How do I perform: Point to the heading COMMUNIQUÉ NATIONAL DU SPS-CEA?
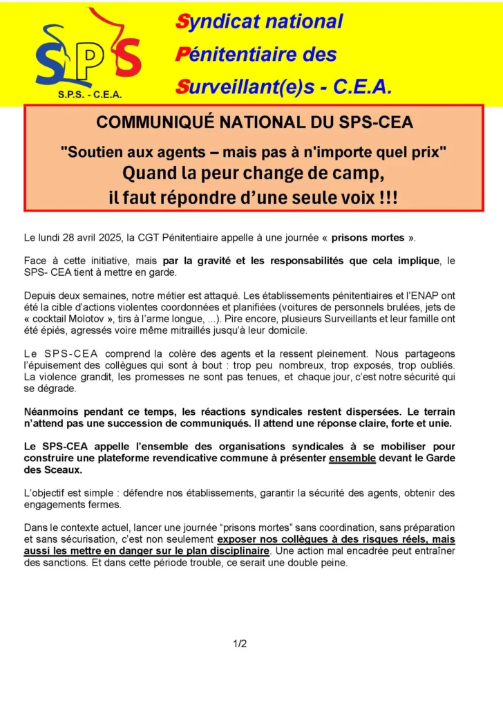(254, 122)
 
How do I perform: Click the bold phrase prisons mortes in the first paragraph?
(368, 238)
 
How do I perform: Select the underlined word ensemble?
(352, 458)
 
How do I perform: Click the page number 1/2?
(240, 644)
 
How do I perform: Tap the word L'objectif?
(48, 492)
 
